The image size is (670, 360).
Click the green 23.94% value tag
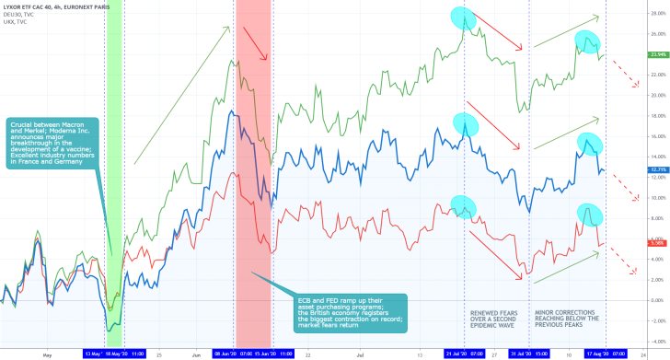pyautogui.click(x=631, y=55)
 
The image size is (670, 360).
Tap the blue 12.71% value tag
pyautogui.click(x=631, y=169)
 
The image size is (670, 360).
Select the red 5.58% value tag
pyautogui.click(x=631, y=242)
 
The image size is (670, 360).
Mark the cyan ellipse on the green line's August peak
pyautogui.click(x=586, y=41)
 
